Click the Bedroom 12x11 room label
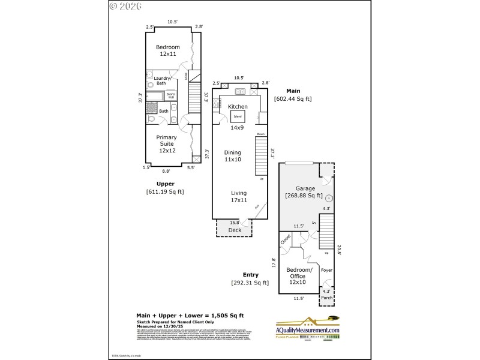click(167, 50)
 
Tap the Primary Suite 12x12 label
click(167, 144)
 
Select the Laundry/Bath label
click(162, 80)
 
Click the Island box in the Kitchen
click(238, 116)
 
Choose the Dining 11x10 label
click(232, 155)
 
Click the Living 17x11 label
click(239, 196)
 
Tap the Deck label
click(234, 230)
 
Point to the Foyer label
click(326, 270)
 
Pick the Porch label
click(326, 298)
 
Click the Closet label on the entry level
click(286, 239)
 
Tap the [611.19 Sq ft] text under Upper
click(165, 191)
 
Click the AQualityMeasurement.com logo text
click(308, 330)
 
